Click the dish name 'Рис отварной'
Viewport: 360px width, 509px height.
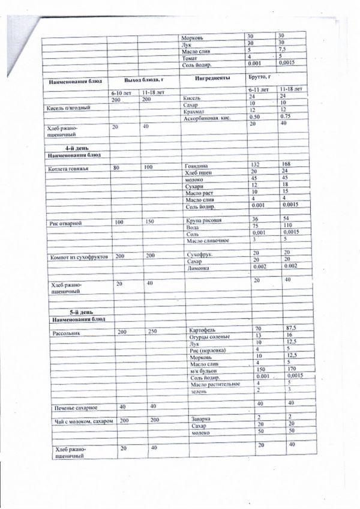pos(67,223)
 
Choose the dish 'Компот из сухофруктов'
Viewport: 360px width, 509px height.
pos(80,256)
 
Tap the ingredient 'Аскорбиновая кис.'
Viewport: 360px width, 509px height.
pos(209,118)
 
